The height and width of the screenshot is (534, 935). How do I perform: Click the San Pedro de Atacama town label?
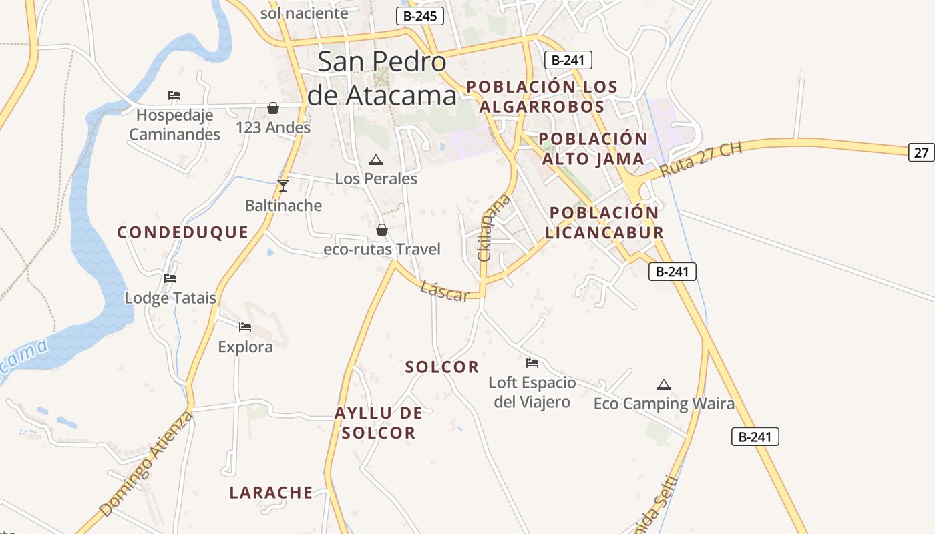[382, 79]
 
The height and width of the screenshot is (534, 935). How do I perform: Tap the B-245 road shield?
[420, 17]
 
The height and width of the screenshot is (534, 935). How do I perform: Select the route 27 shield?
[921, 152]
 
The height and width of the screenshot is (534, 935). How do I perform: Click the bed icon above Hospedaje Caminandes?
[174, 95]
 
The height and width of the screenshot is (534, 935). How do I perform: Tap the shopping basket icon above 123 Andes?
[273, 108]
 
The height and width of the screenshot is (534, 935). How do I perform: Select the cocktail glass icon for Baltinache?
[283, 185]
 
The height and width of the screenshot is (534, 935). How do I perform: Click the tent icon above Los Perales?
[376, 160]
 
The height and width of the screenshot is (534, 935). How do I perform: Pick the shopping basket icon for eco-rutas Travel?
[382, 230]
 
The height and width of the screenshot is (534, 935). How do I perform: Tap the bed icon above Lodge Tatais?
[170, 278]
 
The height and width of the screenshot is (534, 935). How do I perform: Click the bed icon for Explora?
[245, 327]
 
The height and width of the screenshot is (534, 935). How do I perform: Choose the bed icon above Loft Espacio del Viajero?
[532, 363]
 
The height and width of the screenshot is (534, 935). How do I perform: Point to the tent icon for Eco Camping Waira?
[663, 384]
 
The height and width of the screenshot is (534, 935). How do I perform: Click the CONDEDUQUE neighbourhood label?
[183, 232]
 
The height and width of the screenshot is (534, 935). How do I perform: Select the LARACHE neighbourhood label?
[271, 493]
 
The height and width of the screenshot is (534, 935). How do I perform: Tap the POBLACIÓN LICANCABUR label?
[604, 222]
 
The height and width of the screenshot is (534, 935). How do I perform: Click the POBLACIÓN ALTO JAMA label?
[593, 149]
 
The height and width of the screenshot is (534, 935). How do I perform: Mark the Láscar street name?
[445, 291]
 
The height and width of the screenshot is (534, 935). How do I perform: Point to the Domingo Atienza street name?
[146, 465]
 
